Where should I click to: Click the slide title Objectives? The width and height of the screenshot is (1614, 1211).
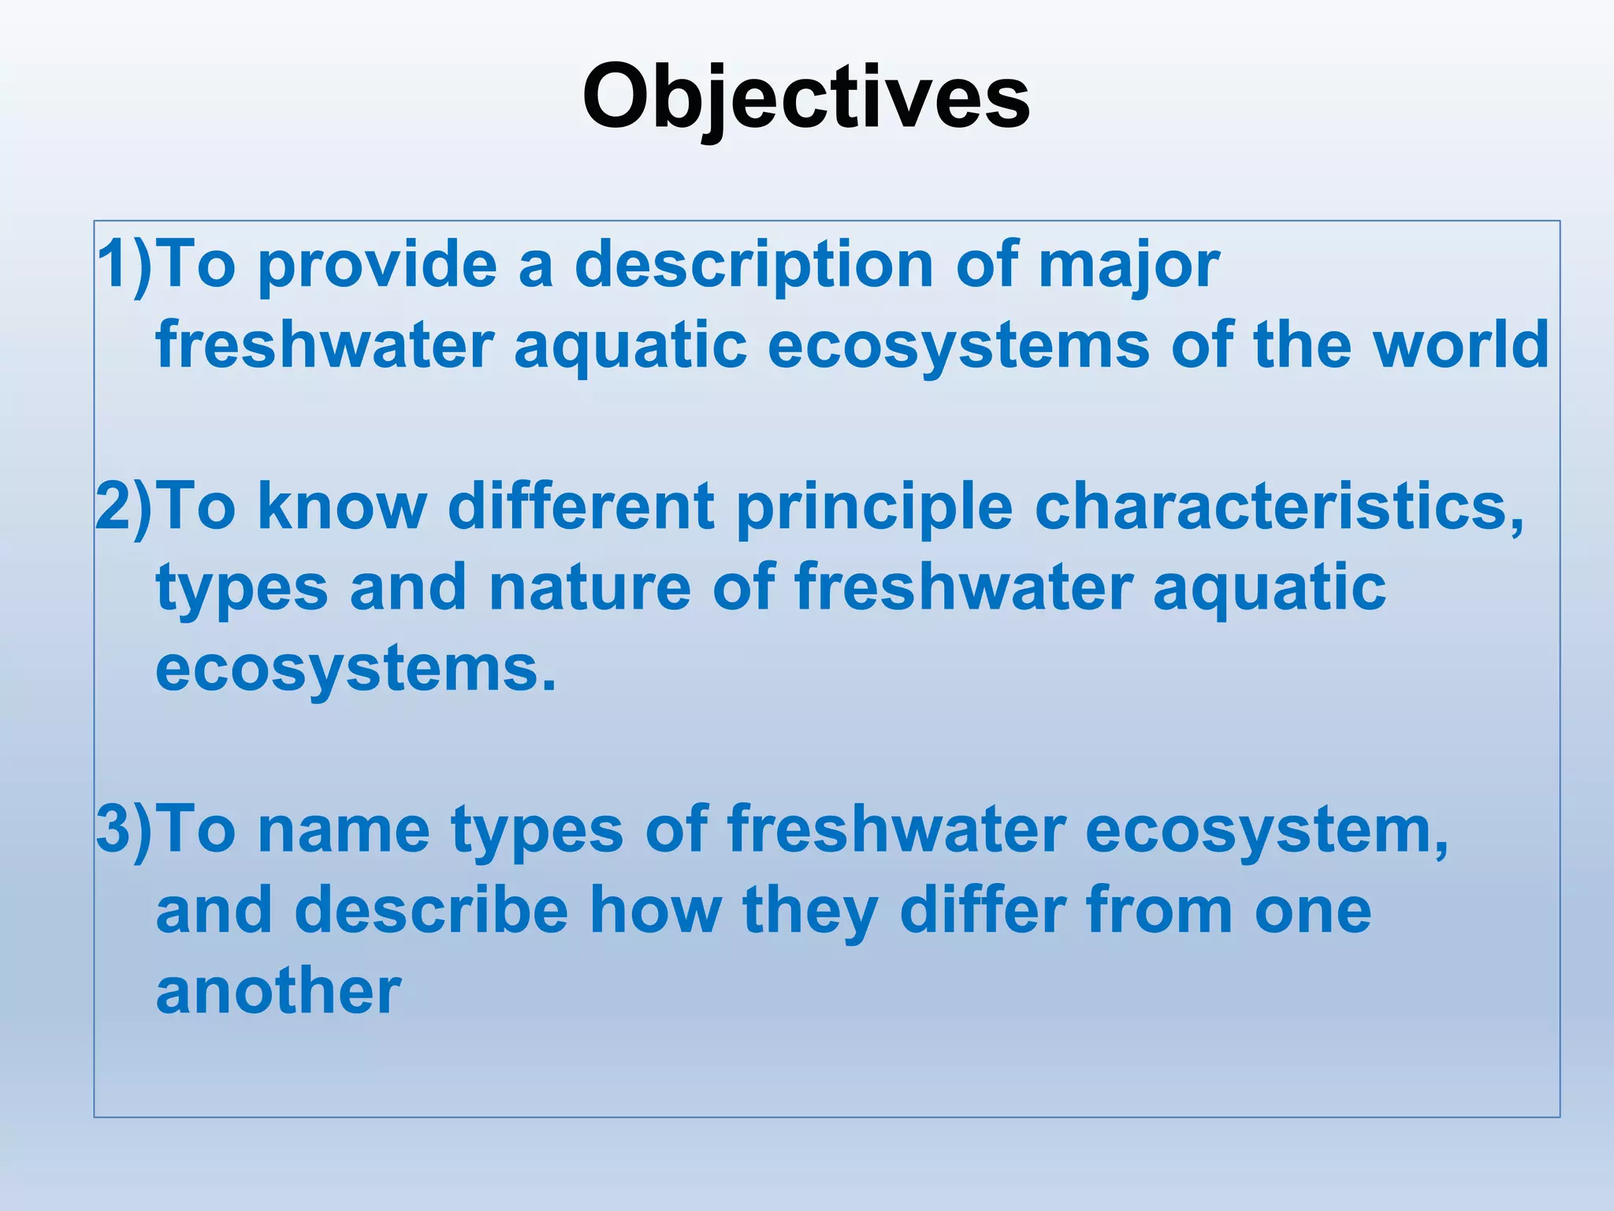pyautogui.click(x=805, y=97)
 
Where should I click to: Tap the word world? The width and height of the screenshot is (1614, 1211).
pyautogui.click(x=1461, y=345)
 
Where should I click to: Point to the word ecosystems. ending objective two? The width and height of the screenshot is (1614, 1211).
pyautogui.click(x=355, y=670)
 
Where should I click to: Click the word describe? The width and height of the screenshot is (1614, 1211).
pyautogui.click(x=431, y=911)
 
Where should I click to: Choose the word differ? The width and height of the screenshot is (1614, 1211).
pyautogui.click(x=983, y=911)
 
